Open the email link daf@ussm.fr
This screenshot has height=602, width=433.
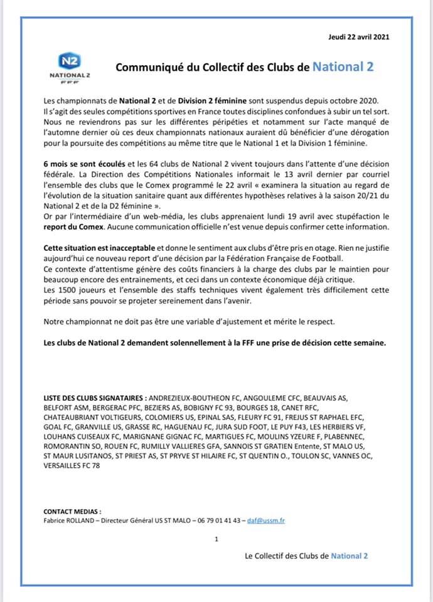(266, 520)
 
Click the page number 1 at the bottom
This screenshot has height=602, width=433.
(216, 539)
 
